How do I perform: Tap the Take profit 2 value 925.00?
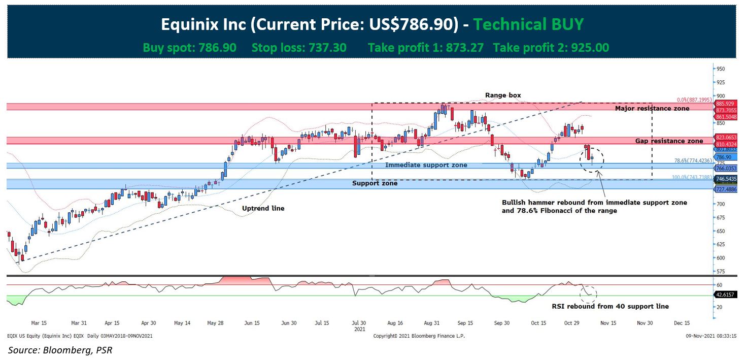pos(590,48)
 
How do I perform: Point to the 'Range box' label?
pos(503,95)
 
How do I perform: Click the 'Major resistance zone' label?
pos(652,108)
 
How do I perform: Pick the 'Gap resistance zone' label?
pos(669,141)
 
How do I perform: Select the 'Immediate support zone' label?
pos(426,165)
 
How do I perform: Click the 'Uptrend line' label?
pos(263,208)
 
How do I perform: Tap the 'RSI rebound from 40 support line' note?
pos(610,306)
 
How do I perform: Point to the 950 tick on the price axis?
pos(721,69)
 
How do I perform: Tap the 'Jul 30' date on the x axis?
pos(359,322)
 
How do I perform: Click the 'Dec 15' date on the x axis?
pos(682,322)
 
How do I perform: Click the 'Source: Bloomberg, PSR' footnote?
pos(59,350)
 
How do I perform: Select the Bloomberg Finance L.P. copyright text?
pos(419,336)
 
